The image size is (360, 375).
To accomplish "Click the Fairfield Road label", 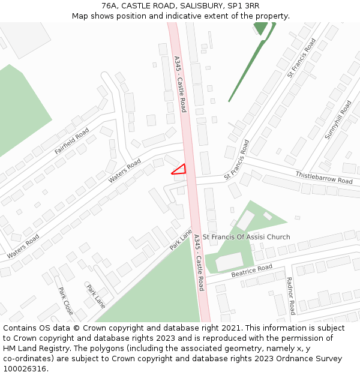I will click(x=71, y=141).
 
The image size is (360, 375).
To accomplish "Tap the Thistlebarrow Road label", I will click(x=323, y=177).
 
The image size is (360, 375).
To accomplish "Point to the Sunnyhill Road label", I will click(x=338, y=120).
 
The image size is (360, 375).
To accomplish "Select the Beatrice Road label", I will click(x=251, y=271).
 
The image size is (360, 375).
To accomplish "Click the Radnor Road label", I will click(x=290, y=295).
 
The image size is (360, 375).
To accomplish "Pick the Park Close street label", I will click(x=65, y=301).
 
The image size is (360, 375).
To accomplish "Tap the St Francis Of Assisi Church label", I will click(x=246, y=237).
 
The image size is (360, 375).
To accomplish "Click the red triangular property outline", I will click(x=180, y=170).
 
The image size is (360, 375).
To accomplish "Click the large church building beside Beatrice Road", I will click(x=230, y=262).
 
